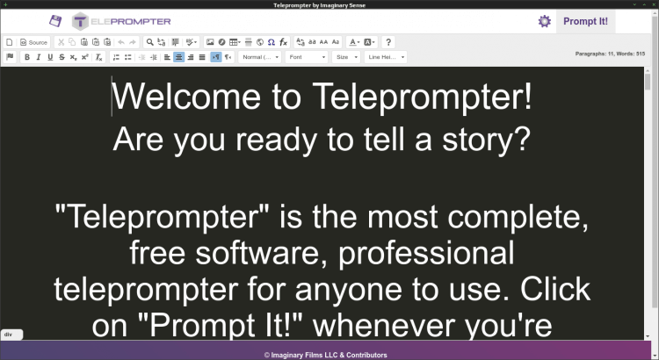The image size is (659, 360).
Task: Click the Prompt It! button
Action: tap(585, 21)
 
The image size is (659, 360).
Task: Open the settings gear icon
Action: tap(545, 21)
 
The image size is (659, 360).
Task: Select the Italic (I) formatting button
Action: tap(39, 57)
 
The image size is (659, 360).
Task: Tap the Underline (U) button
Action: tap(50, 57)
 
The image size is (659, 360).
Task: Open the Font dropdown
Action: tap(307, 57)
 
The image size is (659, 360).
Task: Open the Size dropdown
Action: tap(346, 57)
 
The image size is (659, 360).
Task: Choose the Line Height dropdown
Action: tap(385, 57)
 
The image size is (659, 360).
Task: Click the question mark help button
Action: tap(388, 42)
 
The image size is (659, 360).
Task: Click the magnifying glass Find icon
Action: tap(150, 42)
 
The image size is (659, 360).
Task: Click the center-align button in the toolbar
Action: tap(178, 57)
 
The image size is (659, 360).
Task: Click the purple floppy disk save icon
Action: tap(55, 21)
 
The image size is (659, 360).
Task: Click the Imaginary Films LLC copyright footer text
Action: tap(329, 355)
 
